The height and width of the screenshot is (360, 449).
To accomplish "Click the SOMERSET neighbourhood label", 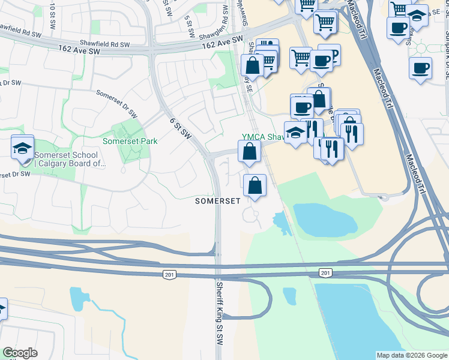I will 218,202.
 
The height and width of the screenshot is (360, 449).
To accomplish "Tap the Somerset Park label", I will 130,142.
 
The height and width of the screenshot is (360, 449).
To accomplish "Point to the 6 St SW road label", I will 180,128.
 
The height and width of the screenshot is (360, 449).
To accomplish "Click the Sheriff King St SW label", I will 220,311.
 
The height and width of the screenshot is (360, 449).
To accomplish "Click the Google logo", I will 19,353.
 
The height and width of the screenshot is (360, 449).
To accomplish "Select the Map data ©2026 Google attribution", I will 412,355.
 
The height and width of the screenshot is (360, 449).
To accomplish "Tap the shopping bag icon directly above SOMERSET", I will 255,185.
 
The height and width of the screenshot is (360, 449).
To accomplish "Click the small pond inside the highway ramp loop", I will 289,295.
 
